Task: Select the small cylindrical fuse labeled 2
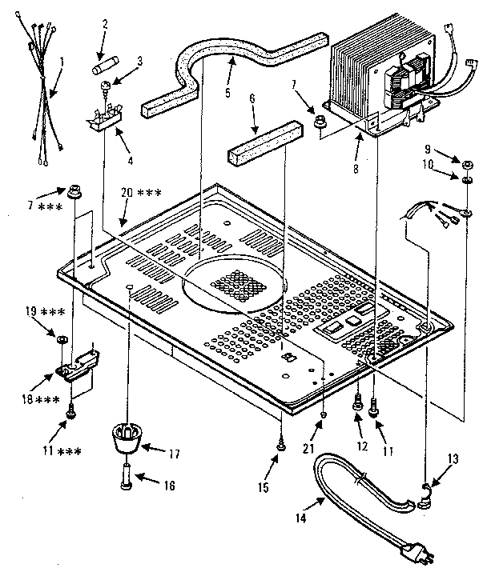tap(108, 59)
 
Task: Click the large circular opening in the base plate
tap(232, 285)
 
